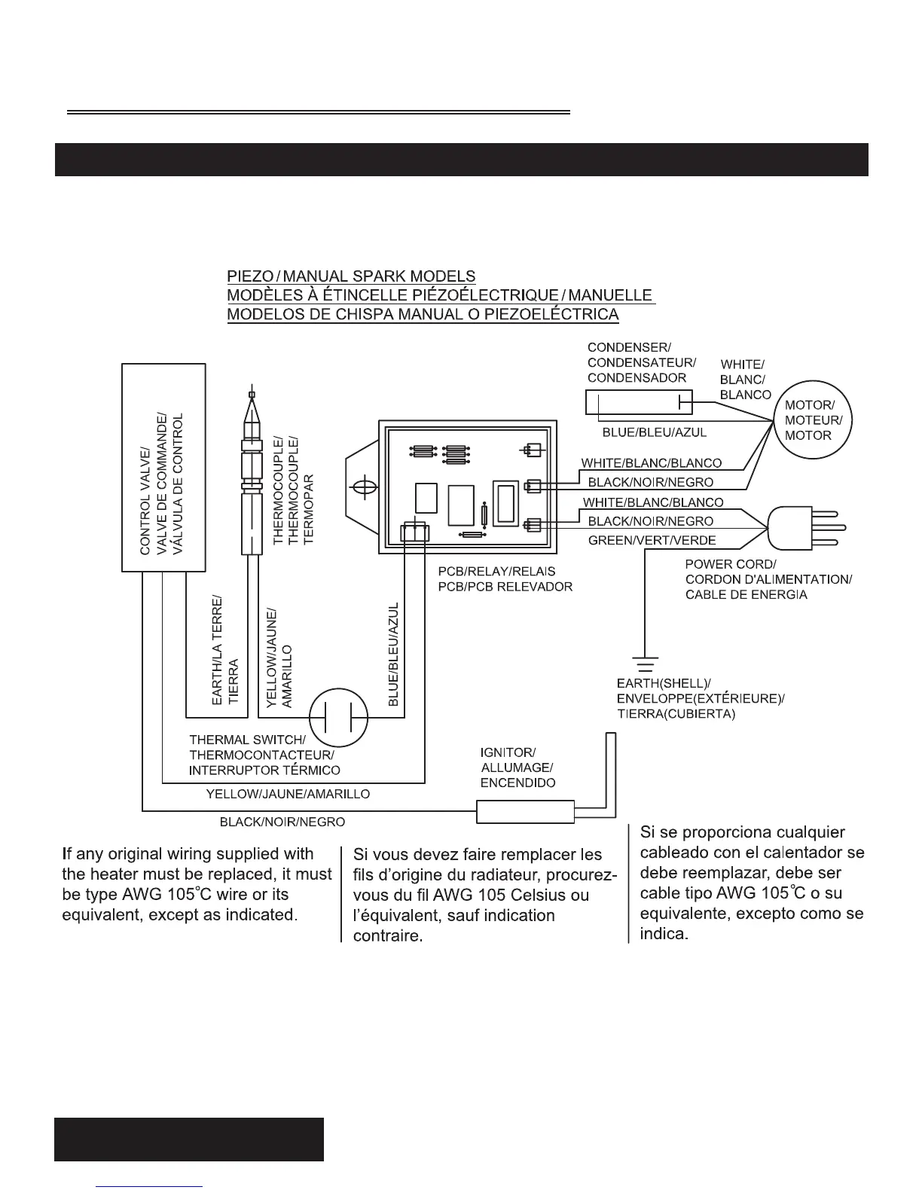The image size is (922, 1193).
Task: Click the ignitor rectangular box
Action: tap(524, 811)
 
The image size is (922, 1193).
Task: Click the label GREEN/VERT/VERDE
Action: tap(652, 540)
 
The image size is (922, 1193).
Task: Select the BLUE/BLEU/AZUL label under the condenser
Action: tap(654, 432)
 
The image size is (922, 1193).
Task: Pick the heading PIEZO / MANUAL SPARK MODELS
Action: tap(351, 277)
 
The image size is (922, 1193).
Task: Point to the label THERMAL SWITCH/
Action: tap(247, 740)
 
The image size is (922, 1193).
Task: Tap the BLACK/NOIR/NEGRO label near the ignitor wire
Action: tap(282, 822)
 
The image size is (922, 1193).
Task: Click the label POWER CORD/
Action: tap(730, 564)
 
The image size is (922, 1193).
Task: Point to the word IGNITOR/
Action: tap(508, 752)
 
